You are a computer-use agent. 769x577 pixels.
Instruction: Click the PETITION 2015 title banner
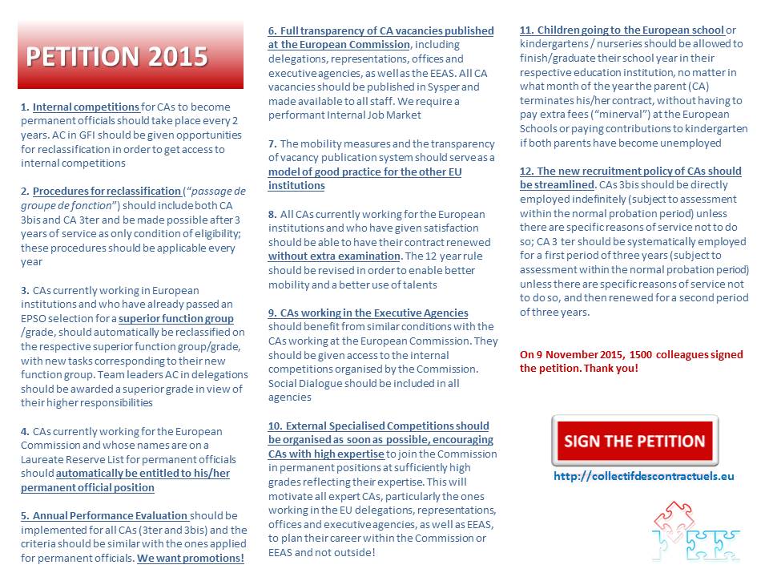[x=130, y=56]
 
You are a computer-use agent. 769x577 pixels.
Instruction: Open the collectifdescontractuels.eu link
[x=643, y=476]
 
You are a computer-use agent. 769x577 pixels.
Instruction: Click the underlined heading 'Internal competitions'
[x=86, y=107]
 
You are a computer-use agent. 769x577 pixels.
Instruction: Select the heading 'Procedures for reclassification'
[x=107, y=191]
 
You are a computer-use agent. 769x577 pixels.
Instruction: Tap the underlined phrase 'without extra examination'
[x=334, y=256]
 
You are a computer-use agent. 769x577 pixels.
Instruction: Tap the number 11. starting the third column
[x=526, y=30]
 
